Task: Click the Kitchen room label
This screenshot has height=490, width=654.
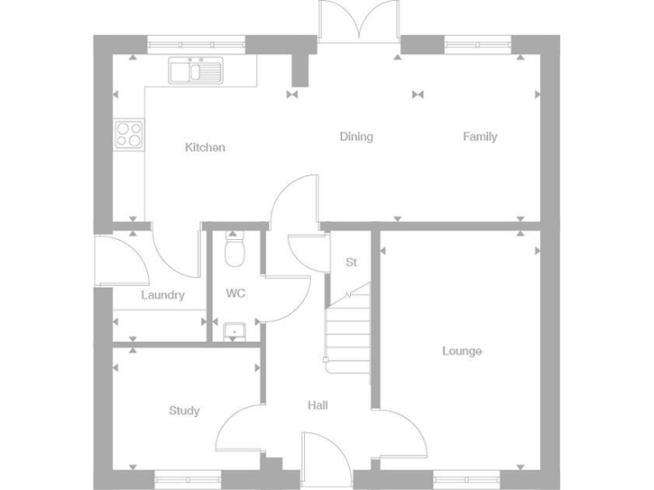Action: point(205,147)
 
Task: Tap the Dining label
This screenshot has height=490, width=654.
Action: point(356,136)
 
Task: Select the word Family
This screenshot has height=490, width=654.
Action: point(479,136)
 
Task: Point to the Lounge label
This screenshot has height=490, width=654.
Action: point(462,350)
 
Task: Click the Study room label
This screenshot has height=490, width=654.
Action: point(184,411)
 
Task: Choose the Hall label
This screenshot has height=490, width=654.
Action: point(318,406)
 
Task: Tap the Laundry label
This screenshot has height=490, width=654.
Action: point(163,295)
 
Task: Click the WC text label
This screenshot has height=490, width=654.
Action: point(236,293)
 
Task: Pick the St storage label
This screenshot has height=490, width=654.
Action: point(350,262)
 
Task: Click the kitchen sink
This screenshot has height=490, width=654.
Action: point(195,70)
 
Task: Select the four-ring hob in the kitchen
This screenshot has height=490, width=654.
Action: point(129,133)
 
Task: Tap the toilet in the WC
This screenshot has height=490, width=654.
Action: point(235,248)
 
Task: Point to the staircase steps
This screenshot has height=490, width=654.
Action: point(348,328)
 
